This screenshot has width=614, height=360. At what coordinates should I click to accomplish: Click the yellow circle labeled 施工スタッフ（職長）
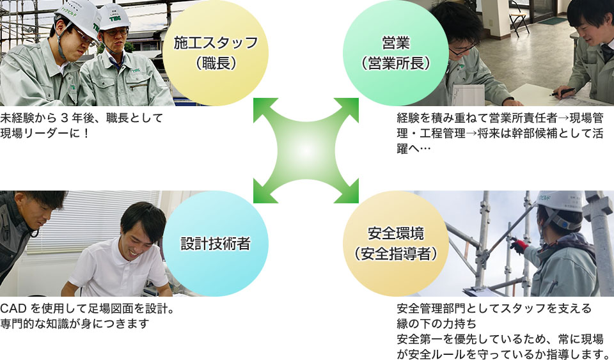(216, 53)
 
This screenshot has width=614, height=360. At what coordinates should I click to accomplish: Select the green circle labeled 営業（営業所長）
(396, 53)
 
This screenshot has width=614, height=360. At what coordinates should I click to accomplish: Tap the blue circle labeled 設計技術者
(216, 244)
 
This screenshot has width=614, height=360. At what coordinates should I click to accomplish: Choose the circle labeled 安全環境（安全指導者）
(396, 244)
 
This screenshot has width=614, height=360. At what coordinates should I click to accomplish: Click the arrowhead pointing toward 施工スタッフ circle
(263, 108)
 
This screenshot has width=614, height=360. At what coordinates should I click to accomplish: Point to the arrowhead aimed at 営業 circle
(349, 108)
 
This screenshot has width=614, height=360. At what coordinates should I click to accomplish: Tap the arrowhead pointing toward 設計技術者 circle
(263, 193)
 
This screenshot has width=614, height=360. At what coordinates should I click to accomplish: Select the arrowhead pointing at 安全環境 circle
(349, 193)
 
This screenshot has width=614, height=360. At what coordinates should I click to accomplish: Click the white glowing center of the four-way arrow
(306, 151)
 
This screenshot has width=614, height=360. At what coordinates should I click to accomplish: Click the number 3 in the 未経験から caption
(65, 118)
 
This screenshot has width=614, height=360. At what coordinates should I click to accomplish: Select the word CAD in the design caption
(13, 309)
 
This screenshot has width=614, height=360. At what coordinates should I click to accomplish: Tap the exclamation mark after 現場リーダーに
(86, 133)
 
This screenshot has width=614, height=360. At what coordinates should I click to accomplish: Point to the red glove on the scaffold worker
(519, 247)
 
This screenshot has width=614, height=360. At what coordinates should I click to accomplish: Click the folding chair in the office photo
(519, 19)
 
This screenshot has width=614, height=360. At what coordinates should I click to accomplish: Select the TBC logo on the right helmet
(114, 18)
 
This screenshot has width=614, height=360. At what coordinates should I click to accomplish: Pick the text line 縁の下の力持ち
(437, 324)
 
